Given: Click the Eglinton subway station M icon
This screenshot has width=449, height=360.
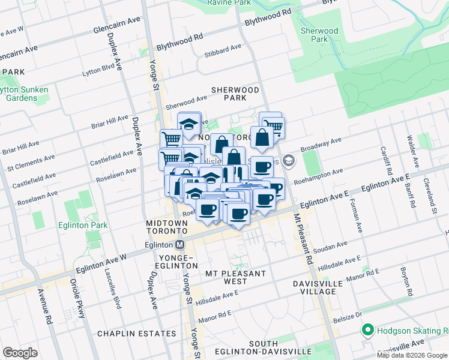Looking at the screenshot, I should point(179,245).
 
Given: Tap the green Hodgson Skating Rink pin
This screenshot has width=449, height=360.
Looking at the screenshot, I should point(366,330).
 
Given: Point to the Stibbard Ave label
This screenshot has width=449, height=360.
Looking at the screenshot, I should point(223,48).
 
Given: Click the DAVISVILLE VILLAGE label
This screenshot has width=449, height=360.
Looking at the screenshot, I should point(318,287).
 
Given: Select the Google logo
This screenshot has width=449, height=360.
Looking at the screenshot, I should point(20,353).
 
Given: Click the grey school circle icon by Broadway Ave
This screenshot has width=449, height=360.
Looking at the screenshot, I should point(289,160).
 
